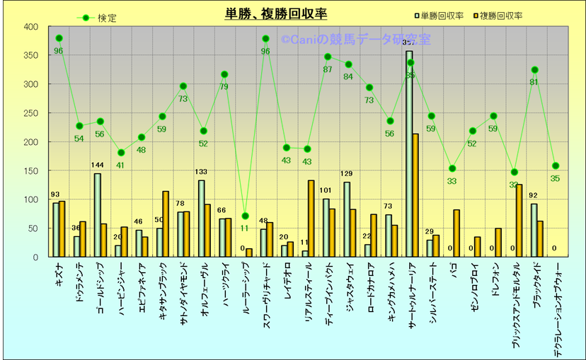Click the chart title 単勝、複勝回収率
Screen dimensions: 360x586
[x=275, y=14]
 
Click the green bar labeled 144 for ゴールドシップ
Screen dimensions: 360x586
[x=97, y=215]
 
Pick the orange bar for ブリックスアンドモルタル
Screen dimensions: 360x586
[x=519, y=221]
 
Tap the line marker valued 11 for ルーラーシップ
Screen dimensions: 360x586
[x=245, y=216]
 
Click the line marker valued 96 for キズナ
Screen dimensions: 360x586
[x=59, y=38]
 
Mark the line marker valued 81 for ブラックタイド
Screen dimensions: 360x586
[x=534, y=69]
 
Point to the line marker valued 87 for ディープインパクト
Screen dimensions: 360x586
[x=328, y=57]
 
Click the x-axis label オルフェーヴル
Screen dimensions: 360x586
[x=205, y=286]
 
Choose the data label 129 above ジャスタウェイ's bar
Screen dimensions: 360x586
[x=347, y=174]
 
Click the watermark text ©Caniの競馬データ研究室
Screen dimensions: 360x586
[x=365, y=40]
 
